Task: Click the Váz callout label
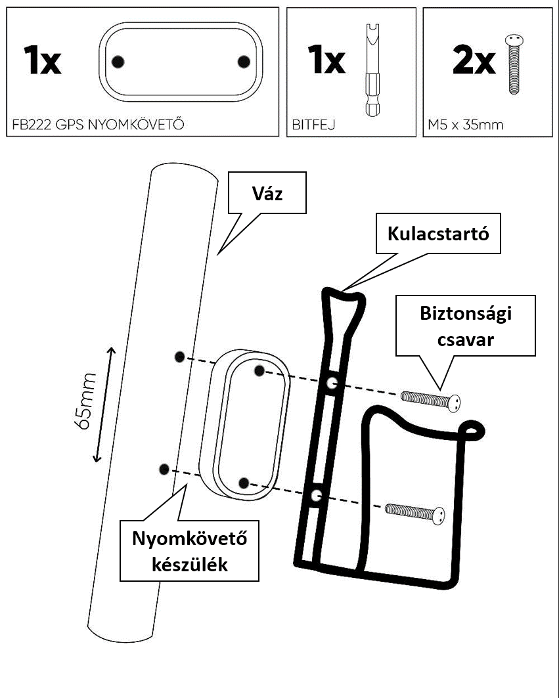tap(267, 193)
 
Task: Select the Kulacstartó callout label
tap(438, 234)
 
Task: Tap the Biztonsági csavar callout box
tap(466, 326)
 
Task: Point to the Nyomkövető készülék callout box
tap(189, 551)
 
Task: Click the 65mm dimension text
tap(85, 401)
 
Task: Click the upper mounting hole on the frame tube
tap(179, 357)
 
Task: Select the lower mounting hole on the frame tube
tap(164, 469)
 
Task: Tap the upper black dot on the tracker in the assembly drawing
tap(259, 370)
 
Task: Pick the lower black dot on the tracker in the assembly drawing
tap(244, 483)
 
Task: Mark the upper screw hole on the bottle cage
tap(331, 383)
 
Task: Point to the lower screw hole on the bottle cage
tap(316, 495)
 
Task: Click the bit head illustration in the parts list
tap(372, 70)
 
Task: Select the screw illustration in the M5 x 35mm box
tap(514, 64)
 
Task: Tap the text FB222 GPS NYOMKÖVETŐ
tap(98, 125)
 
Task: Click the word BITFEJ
tap(313, 125)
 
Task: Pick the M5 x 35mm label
tap(466, 125)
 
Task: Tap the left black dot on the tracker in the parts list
tap(118, 62)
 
